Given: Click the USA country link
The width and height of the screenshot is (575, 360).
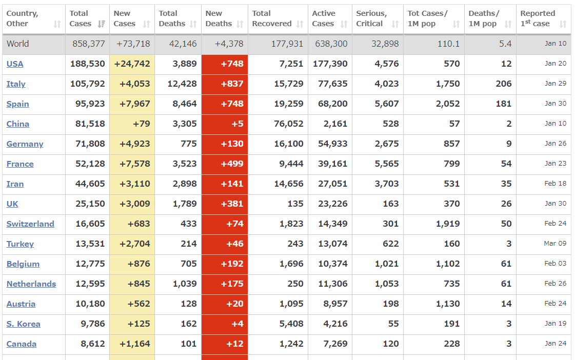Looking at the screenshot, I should click(15, 64).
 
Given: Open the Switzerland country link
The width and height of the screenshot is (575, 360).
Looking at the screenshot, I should click(30, 224).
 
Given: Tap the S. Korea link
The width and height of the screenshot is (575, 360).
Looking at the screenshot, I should click(23, 324).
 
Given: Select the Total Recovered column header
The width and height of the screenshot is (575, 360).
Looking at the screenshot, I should click(272, 18).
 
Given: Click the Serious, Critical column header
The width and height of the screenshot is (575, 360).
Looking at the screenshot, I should click(371, 18).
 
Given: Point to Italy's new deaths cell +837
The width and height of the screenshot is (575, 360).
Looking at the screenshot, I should click(232, 84).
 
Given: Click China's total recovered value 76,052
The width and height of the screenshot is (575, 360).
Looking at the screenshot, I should click(288, 124).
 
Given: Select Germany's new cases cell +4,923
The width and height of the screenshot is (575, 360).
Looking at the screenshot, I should click(134, 144).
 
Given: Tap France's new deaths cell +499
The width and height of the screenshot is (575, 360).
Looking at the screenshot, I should click(232, 164).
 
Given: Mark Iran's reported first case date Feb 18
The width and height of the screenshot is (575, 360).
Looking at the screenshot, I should click(556, 184).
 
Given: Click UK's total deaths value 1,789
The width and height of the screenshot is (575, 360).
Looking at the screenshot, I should click(182, 204).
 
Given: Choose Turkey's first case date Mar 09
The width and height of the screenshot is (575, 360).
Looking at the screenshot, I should click(555, 244).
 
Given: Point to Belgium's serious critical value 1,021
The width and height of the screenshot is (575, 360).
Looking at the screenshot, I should click(386, 264).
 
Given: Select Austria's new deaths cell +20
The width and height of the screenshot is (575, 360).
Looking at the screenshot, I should click(234, 304).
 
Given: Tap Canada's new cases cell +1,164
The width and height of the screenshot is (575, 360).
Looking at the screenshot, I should click(134, 344).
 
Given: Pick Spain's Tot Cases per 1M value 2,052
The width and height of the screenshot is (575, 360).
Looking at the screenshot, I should click(447, 104).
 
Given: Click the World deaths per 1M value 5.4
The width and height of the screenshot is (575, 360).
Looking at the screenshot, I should click(505, 44).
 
